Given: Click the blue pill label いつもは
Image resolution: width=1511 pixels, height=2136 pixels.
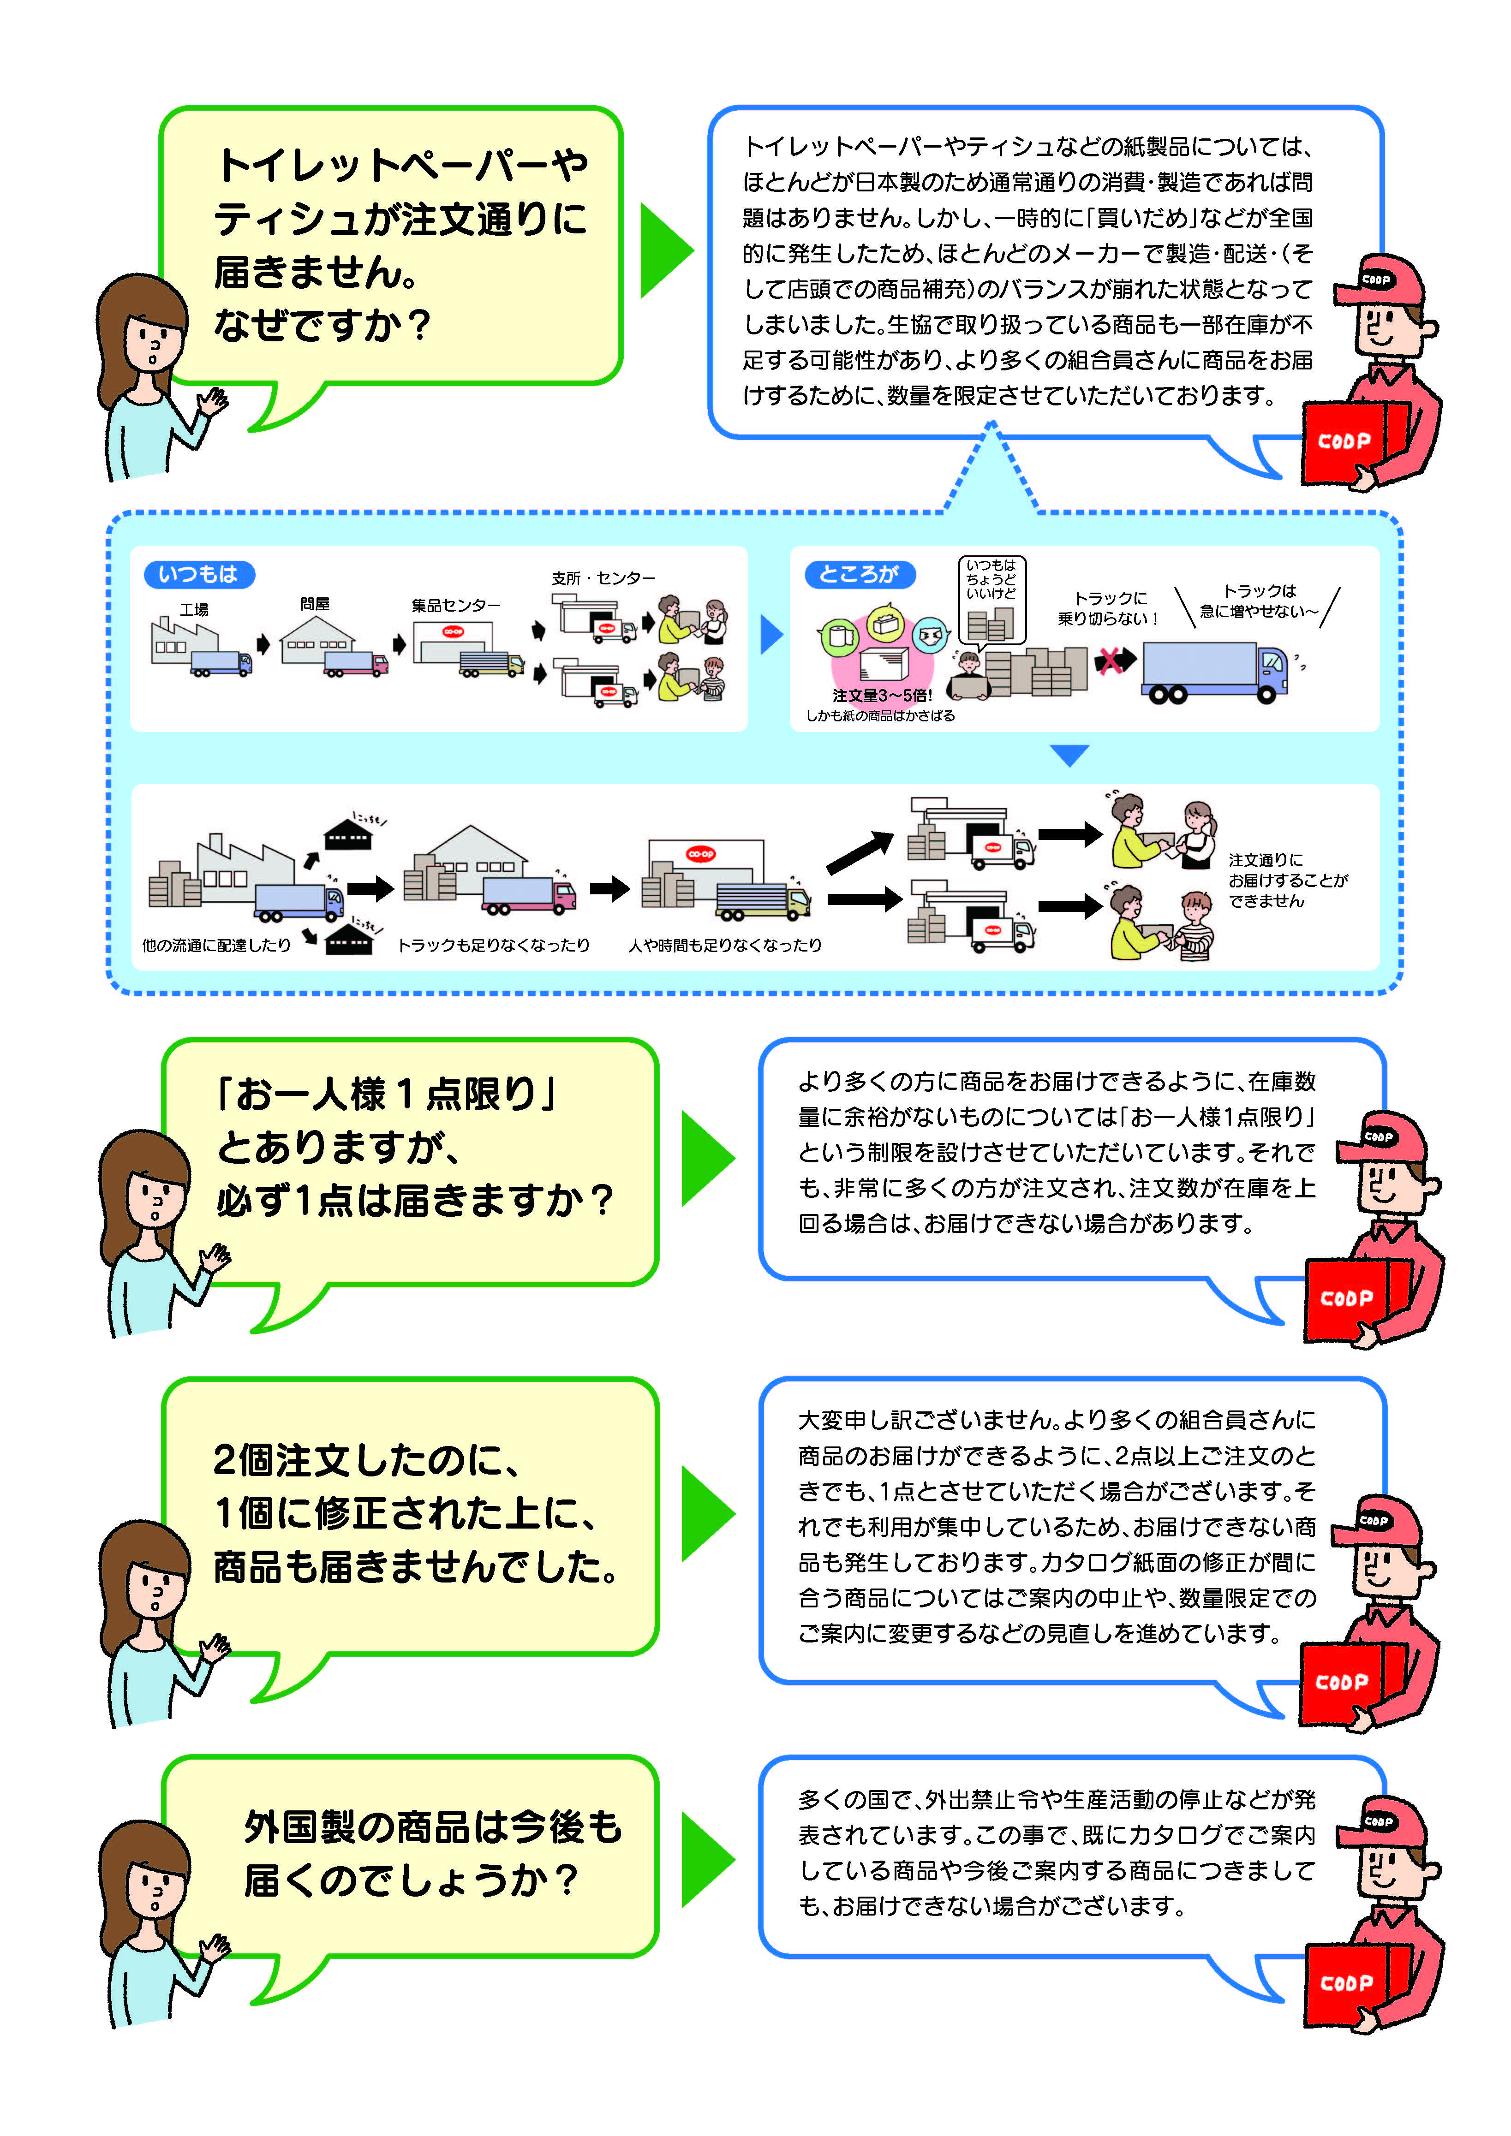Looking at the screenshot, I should pyautogui.click(x=198, y=574).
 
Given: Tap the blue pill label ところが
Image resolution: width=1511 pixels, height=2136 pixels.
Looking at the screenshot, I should pyautogui.click(x=859, y=574).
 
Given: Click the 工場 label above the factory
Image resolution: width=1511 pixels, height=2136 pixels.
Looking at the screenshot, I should pyautogui.click(x=194, y=609).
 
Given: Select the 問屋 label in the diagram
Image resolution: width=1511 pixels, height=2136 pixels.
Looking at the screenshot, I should pyautogui.click(x=315, y=604).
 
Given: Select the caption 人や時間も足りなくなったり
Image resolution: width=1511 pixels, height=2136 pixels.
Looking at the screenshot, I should pyautogui.click(x=725, y=945).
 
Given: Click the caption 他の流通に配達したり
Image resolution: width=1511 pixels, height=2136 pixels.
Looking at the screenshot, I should pyautogui.click(x=216, y=945).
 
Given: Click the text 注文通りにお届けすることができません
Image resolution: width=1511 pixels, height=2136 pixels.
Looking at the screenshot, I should pyautogui.click(x=1287, y=880).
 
